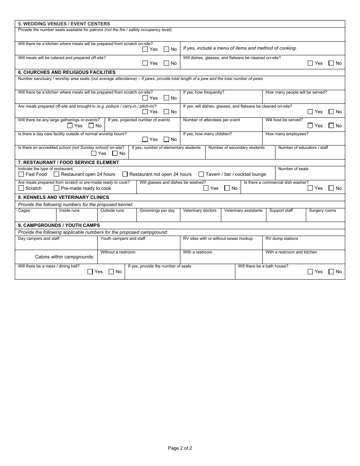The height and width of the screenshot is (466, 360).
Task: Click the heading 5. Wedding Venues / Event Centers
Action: tap(64, 24)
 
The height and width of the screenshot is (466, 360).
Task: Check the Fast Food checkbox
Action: tap(21, 174)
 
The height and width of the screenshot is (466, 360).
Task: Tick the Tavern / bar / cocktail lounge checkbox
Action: tap(201, 174)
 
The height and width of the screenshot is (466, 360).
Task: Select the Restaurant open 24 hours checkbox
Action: tap(56, 174)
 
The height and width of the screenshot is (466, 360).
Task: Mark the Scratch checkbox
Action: tap(21, 188)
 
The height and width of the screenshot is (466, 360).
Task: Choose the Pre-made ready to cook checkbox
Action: tap(56, 188)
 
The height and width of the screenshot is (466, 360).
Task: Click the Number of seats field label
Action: tap(293, 169)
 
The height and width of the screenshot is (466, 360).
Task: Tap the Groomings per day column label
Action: tap(157, 211)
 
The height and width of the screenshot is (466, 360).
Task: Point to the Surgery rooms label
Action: tap(322, 211)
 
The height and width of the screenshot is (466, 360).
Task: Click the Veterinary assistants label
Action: tap(243, 211)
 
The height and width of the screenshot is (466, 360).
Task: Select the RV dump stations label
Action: tap(282, 239)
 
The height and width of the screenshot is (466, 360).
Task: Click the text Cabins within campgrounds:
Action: tap(64, 257)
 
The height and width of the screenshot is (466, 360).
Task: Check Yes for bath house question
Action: tap(310, 272)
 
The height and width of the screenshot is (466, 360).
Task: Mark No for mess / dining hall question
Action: tap(111, 272)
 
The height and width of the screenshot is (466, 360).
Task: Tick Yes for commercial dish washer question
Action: tap(310, 188)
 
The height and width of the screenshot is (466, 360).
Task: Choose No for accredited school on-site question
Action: tap(115, 153)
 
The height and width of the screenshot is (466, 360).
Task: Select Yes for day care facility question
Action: tap(145, 139)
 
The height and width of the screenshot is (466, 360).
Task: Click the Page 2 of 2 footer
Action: tap(180, 448)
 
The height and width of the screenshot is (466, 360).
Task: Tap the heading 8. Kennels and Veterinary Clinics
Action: tap(63, 197)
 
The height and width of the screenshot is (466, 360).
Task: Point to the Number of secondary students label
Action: tap(236, 148)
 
